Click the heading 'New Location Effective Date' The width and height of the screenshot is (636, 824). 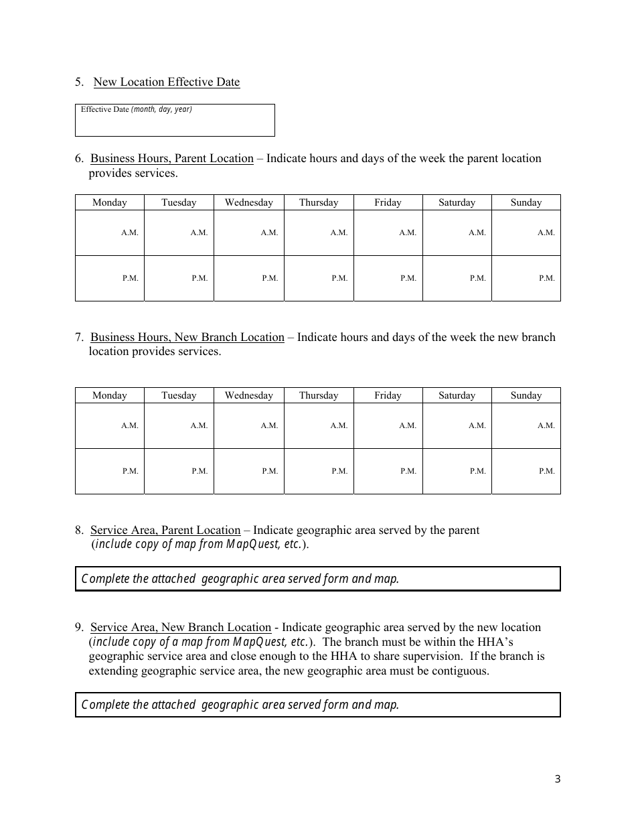point(166,82)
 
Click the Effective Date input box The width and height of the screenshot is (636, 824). point(175,121)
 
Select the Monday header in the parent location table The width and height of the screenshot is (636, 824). point(110,202)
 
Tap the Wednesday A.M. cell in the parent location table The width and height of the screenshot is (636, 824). point(249,232)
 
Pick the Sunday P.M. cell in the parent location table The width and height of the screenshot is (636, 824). point(526,278)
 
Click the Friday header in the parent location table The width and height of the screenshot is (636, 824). point(388,202)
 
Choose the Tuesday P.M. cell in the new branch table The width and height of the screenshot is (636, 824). point(179,471)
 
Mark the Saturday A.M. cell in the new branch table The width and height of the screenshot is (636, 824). point(457,425)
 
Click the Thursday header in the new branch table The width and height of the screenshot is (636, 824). point(319,395)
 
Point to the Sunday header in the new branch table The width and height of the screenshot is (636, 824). point(526,395)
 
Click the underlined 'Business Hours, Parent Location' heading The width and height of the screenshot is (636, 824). point(172,159)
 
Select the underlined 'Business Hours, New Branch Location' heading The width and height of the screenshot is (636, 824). point(187,338)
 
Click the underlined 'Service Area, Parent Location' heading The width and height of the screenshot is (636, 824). point(165,531)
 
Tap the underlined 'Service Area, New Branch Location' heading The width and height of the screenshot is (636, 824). point(181,628)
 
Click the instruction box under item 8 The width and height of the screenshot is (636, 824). point(317,579)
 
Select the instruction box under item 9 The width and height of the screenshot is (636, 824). point(317,705)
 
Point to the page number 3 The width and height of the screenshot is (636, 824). point(558,778)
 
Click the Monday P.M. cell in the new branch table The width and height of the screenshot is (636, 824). point(110,471)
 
